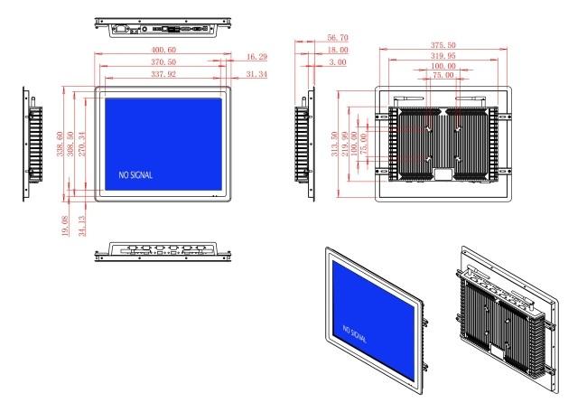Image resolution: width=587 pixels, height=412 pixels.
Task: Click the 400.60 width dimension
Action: click(163, 50)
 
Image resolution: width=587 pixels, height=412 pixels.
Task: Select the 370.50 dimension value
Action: click(163, 61)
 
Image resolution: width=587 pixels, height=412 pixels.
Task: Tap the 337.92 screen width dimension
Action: click(163, 74)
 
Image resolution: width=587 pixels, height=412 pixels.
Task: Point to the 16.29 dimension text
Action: click(256, 57)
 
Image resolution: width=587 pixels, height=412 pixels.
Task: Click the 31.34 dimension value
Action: click(256, 74)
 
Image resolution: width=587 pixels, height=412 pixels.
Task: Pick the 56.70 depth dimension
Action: click(338, 37)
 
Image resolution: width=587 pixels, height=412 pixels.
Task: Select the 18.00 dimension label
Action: click(338, 50)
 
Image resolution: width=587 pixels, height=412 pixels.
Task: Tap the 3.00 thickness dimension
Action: click(338, 61)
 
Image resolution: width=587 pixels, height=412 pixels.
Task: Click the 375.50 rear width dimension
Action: click(443, 45)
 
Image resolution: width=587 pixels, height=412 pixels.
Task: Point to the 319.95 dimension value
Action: click(443, 55)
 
